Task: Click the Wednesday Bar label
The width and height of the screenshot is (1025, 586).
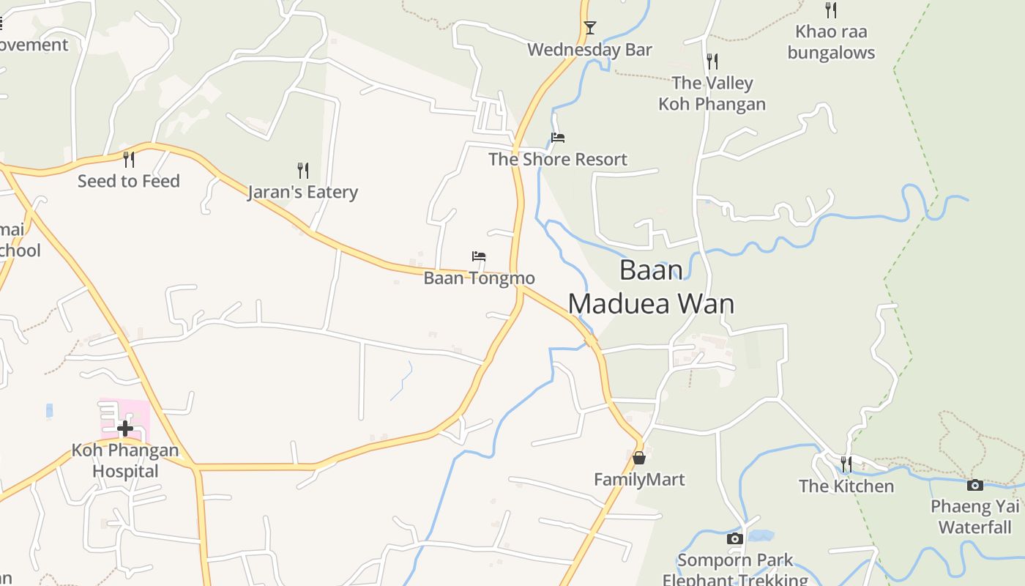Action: point(589,50)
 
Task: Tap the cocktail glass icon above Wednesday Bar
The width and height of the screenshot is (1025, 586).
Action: point(589,28)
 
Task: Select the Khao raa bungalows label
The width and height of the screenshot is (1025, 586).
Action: point(831,42)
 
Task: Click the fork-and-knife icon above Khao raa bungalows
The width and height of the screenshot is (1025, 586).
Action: point(830,10)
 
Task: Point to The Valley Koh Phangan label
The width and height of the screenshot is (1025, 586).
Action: point(712,93)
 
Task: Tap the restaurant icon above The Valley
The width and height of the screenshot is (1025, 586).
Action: point(712,61)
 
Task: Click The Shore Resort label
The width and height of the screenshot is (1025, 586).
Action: point(558,159)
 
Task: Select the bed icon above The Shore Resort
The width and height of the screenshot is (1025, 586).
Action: point(558,138)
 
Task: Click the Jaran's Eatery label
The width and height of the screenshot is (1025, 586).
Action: point(302,192)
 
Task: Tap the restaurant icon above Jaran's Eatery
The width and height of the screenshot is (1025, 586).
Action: point(302,171)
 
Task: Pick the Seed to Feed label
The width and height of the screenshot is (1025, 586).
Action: point(129,181)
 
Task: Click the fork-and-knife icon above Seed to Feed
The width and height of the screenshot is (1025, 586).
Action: point(129,159)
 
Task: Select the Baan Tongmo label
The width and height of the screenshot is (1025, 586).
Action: point(479,278)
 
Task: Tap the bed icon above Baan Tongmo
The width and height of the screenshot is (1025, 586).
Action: point(479,256)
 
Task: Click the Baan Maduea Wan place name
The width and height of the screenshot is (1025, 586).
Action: point(651,286)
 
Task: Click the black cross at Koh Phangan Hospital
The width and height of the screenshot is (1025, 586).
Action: point(125,428)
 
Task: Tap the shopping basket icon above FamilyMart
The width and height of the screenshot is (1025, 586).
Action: point(639,458)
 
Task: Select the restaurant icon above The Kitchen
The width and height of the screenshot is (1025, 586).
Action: point(846,464)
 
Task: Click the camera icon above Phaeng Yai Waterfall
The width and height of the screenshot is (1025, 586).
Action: point(974,485)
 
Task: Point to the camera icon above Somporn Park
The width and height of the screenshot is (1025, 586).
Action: point(734,539)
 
